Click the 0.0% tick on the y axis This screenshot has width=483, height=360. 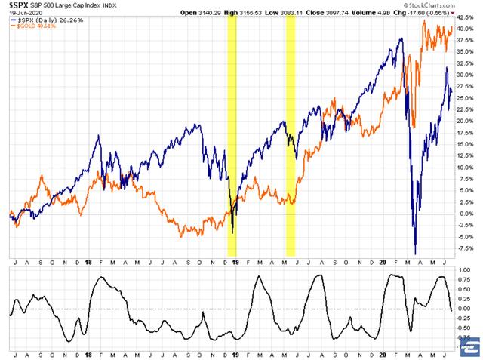pos(465,214)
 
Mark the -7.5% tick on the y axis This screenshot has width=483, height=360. pos(466,248)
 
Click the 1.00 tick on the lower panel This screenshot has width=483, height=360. pos(464,269)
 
